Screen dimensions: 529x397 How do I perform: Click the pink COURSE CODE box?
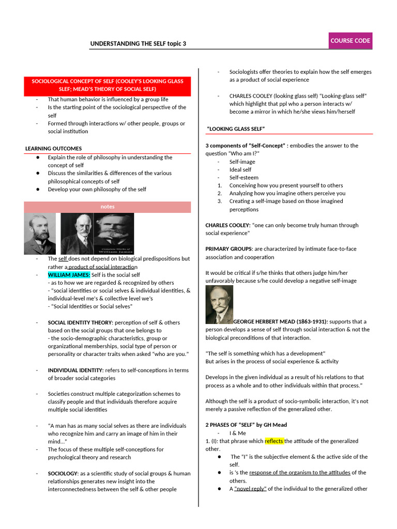click(350, 41)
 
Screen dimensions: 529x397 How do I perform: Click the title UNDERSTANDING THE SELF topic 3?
click(138, 44)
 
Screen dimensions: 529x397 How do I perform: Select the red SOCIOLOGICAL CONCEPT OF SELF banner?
click(108, 86)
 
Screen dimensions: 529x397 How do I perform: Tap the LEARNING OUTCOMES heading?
click(53, 149)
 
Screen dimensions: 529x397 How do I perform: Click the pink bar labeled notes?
click(108, 207)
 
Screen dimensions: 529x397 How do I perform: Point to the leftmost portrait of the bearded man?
click(40, 234)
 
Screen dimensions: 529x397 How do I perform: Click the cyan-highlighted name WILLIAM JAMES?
click(69, 275)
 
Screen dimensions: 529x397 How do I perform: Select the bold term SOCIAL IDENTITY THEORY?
click(80, 322)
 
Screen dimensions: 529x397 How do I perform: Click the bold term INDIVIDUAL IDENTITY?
click(75, 370)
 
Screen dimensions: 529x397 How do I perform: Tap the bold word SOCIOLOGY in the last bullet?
click(63, 473)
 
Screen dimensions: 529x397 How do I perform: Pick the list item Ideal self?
click(240, 169)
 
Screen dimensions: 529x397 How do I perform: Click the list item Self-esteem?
click(244, 178)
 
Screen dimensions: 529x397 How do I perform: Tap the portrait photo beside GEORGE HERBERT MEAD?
click(219, 305)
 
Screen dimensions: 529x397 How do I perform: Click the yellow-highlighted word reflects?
click(274, 441)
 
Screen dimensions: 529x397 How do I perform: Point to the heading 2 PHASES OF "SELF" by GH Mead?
click(246, 425)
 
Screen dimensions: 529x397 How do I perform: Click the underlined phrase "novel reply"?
click(250, 489)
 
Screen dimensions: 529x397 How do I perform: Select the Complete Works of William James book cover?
click(115, 234)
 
